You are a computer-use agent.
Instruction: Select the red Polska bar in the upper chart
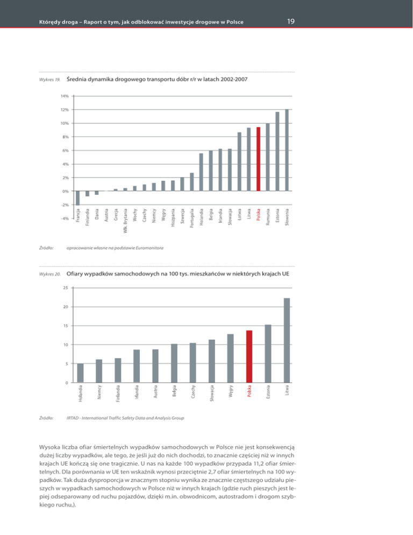coord(258,159)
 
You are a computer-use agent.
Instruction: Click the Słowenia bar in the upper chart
coord(287,150)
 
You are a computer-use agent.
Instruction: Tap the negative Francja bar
coord(78,198)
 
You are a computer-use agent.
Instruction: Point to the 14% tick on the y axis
coord(65,96)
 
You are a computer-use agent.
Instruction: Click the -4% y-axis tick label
coord(64,219)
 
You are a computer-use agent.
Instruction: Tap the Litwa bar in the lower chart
coord(287,340)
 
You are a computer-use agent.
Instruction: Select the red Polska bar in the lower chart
coord(249,356)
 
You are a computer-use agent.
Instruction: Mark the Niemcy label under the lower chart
coord(99,392)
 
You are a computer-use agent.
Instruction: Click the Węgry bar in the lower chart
coord(230,358)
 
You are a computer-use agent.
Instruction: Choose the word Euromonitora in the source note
coord(149,248)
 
